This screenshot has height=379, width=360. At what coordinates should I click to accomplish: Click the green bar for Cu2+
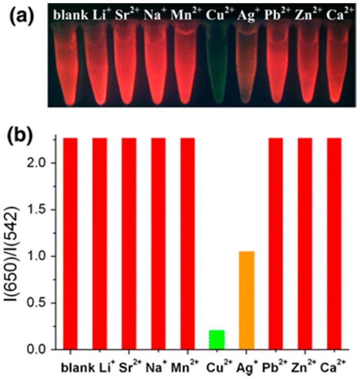click(x=217, y=339)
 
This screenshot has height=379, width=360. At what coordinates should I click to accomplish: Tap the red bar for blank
click(x=70, y=242)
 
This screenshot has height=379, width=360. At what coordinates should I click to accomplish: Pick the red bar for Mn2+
click(x=187, y=242)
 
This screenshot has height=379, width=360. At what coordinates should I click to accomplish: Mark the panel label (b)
click(x=21, y=135)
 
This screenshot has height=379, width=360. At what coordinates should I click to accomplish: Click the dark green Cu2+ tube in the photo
click(x=217, y=66)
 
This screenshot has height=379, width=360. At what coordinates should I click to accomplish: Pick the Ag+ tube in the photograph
click(x=247, y=66)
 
